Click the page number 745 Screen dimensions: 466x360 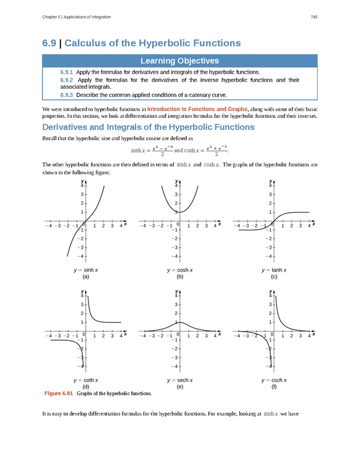314,17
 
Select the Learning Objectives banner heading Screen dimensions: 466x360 180,61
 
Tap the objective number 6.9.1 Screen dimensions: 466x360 66,73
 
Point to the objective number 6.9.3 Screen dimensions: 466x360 66,95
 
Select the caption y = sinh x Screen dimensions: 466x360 85,269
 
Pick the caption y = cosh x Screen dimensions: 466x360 179,269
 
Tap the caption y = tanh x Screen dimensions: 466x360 274,269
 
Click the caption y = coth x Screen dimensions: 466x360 85,380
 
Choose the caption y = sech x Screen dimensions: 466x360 179,380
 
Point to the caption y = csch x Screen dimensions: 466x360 274,380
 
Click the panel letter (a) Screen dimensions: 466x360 85,276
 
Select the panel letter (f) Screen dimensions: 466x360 274,387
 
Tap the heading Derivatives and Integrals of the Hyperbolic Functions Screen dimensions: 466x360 149,127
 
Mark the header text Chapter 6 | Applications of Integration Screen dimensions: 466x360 77,17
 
